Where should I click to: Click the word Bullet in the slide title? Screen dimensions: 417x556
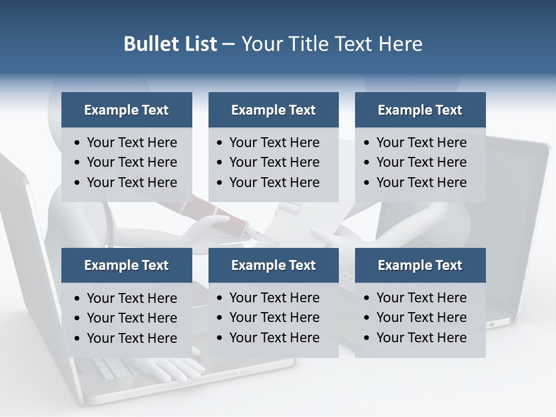pos(149,44)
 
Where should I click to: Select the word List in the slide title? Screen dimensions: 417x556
pos(199,44)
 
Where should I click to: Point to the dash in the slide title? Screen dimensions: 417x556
pos(228,44)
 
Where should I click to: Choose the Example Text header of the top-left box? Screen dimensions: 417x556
pos(126,110)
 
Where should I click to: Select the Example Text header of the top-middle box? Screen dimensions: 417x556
pos(273,110)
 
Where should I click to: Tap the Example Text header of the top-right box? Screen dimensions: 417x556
pos(420,110)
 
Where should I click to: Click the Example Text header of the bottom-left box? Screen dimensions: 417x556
pos(126,265)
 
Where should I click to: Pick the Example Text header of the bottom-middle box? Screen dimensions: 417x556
pos(273,265)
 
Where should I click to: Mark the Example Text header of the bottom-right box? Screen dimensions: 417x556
pos(420,265)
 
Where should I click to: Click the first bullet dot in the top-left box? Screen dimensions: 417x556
pos(78,143)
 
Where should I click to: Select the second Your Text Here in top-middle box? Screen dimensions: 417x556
pos(274,162)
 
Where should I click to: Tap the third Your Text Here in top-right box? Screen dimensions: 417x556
pos(421,182)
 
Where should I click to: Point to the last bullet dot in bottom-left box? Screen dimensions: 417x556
pos(78,339)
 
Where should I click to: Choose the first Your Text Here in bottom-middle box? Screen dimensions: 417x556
pos(274,298)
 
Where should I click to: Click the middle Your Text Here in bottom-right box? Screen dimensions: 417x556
pos(421,317)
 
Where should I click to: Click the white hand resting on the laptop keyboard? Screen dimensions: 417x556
pos(180,368)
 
